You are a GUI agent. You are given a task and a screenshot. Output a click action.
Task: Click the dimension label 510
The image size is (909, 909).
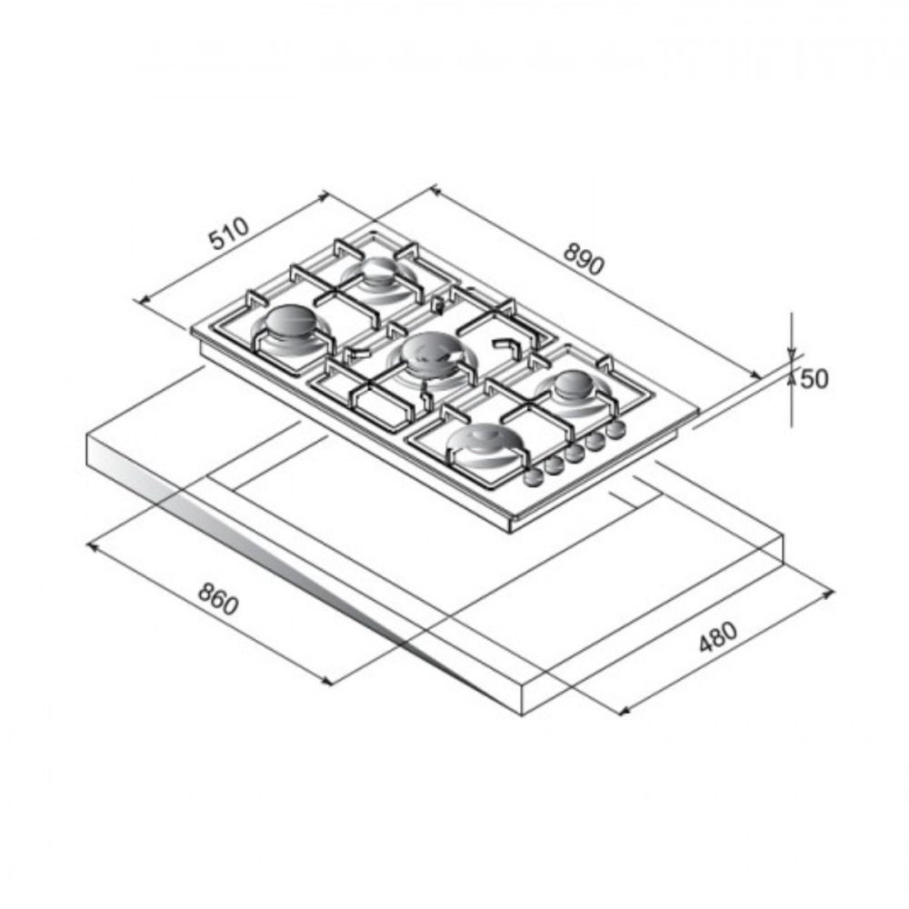click(x=230, y=233)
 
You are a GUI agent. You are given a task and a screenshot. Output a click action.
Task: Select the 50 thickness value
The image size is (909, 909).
click(x=814, y=378)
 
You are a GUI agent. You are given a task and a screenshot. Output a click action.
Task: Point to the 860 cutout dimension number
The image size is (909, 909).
click(x=218, y=599)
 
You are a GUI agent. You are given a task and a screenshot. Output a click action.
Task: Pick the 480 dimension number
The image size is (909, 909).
click(x=718, y=636)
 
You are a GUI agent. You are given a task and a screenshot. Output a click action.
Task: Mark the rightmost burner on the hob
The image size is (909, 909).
click(x=574, y=384)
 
